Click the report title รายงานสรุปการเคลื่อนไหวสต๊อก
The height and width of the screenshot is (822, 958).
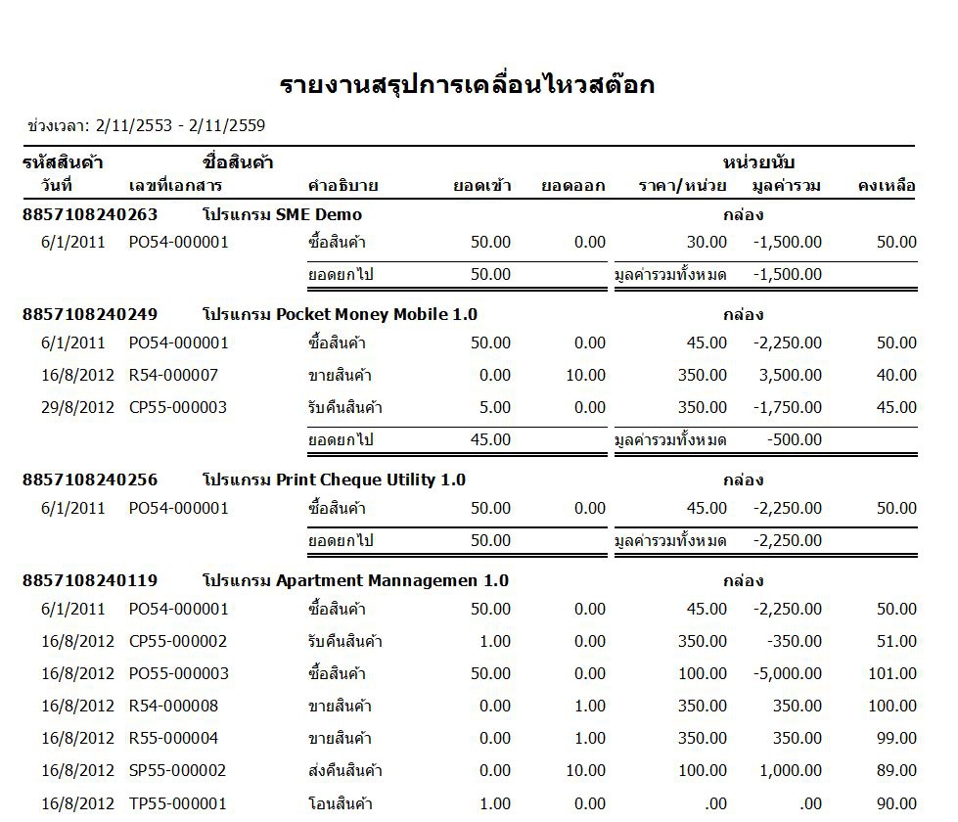467,85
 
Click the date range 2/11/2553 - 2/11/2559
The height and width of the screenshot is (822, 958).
180,125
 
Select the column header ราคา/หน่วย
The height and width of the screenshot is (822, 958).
682,185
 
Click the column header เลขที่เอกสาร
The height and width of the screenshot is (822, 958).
175,185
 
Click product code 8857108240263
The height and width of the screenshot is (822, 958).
90,214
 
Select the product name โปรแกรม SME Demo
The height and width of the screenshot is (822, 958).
282,214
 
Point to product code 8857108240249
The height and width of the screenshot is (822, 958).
90,314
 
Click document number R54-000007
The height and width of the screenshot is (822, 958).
173,375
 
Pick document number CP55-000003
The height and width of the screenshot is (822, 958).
178,407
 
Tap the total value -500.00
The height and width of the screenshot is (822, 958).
795,439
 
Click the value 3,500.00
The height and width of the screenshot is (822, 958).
791,375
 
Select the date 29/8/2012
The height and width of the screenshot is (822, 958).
72,407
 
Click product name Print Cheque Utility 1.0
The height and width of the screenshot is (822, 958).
334,479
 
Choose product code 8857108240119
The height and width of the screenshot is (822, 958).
90,580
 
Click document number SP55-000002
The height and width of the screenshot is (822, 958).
177,771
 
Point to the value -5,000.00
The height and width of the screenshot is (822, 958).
788,673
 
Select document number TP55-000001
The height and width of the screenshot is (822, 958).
177,803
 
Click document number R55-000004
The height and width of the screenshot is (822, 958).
173,738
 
